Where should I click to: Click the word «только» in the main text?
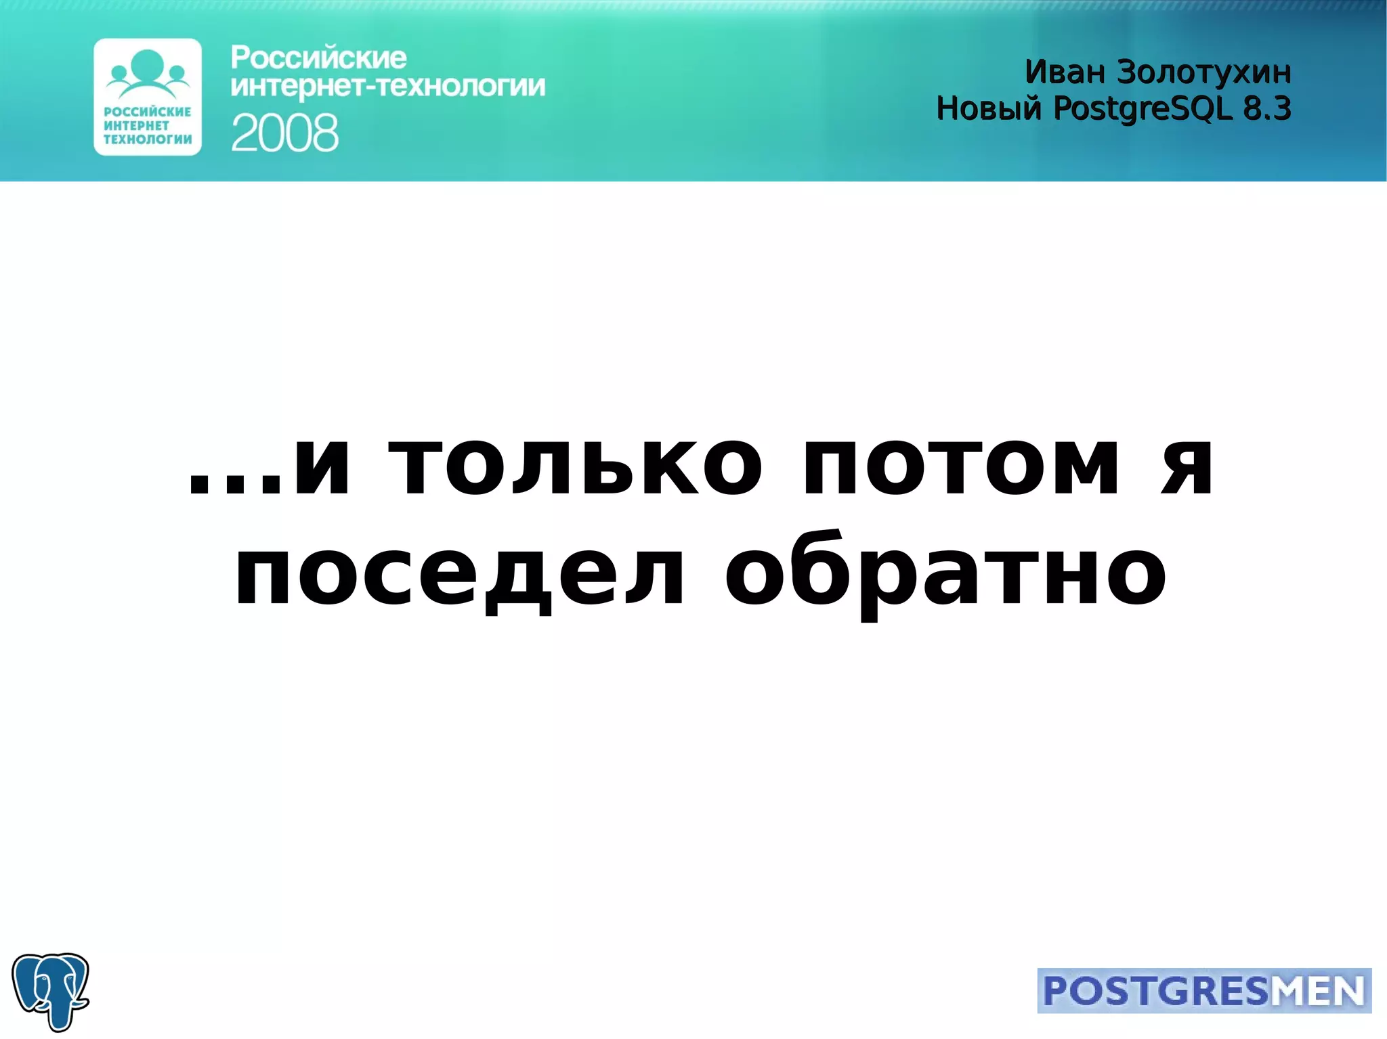point(574,466)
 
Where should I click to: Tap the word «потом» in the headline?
point(960,466)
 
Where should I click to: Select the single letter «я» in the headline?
point(1187,466)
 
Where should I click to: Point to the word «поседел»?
point(459,575)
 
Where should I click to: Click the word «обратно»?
point(945,575)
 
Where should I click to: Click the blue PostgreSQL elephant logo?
point(50,991)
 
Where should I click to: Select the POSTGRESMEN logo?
point(1203,991)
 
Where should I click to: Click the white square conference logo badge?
point(148,97)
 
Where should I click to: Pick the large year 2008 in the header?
point(284,133)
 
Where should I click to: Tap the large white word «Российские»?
point(318,58)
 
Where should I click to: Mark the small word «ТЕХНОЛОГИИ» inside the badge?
point(148,139)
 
